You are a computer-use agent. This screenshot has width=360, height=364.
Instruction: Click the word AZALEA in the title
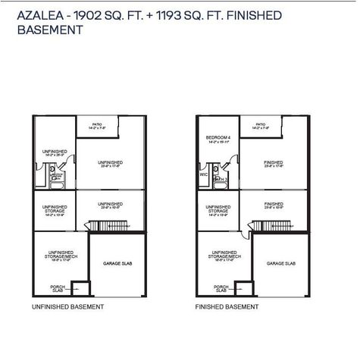pos(34,16)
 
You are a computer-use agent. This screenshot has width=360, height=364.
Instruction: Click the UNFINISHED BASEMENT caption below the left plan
pos(68,307)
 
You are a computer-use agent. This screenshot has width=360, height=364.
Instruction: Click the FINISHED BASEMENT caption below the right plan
pos(227,307)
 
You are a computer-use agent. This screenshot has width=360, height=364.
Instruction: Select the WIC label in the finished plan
pos(203,174)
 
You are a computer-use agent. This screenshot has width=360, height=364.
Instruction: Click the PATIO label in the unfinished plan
pos(97,126)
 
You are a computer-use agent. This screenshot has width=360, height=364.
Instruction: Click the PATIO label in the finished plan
pos(261,126)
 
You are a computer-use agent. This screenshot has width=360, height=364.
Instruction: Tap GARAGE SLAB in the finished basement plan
pos(280,263)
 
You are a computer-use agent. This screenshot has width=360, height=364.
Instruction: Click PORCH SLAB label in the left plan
pos(57,288)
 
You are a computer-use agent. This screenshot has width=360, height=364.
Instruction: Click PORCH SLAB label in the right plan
pos(221,288)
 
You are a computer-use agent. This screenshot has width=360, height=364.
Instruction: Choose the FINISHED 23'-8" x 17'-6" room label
pos(274,164)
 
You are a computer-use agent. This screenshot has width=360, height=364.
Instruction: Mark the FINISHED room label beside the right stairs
pos(274,206)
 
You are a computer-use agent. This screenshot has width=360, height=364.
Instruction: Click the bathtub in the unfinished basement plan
pos(56,182)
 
